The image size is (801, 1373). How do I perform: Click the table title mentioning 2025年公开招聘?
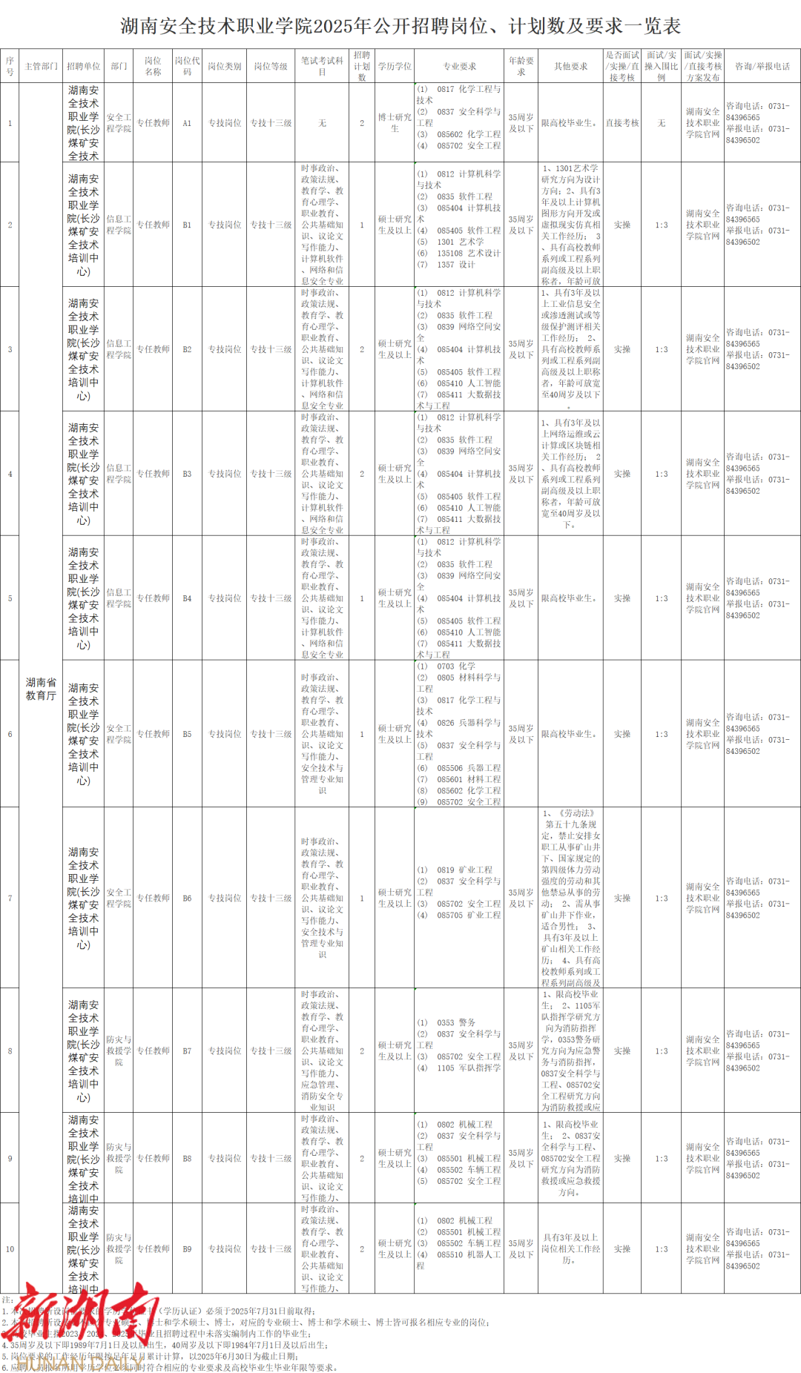pos(400,27)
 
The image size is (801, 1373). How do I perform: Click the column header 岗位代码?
pos(187,66)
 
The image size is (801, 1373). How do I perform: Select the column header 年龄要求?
pos(521,66)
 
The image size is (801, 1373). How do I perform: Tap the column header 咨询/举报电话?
pos(762,66)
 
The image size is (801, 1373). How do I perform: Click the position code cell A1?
pos(187,123)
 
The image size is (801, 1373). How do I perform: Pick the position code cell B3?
pos(187,474)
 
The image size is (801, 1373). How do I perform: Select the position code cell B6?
pos(187,898)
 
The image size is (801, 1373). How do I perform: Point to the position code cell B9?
pos(187,1249)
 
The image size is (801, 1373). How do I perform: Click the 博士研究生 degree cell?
pos(395,123)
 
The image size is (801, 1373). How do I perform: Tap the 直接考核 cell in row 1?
pos(622,123)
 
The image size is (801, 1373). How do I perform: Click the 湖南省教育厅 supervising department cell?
pos(41,689)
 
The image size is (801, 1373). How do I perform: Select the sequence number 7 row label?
pos(10,898)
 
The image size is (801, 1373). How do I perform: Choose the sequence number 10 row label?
pos(10,1249)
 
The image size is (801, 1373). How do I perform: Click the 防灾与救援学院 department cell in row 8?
pos(119,1051)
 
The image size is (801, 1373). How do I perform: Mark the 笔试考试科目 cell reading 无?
pos(322,123)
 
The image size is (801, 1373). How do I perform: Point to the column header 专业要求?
pos(460,66)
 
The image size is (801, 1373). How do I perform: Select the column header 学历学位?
pos(395,66)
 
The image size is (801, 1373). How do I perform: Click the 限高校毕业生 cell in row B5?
pos(570,734)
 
